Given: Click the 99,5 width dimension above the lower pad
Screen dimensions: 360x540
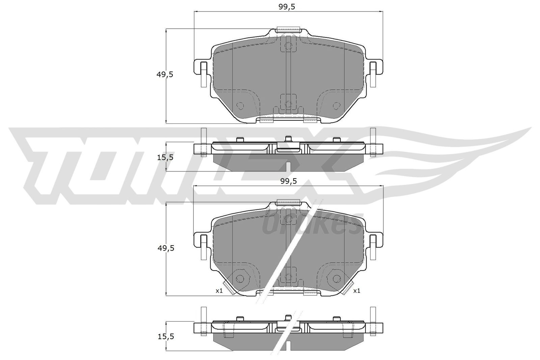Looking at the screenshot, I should tap(288, 181).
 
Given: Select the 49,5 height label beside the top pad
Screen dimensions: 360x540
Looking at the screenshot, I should tap(165, 75).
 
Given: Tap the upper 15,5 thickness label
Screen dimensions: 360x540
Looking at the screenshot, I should tap(165, 157).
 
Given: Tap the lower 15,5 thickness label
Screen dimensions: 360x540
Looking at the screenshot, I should tap(165, 336).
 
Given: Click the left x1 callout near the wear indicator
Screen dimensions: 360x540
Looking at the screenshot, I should tap(219, 290).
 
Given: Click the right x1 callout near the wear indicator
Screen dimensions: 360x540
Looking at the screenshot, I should tap(357, 290).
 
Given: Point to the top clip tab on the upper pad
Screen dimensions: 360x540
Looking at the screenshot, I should tap(288, 30).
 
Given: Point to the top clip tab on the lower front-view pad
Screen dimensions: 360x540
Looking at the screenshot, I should tap(288, 202).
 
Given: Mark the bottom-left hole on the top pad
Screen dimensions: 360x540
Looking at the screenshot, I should tap(240, 106).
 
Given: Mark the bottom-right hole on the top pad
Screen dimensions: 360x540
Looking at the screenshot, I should tap(336, 106).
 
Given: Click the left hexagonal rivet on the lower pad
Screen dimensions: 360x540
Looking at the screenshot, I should tap(240, 278).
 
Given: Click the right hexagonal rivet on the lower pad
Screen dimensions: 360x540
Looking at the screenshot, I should tap(336, 278).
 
